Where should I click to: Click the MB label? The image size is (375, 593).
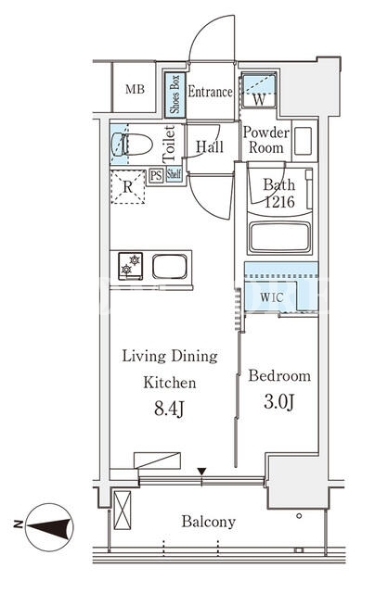pyautogui.click(x=135, y=90)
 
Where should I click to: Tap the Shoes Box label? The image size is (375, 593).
pyautogui.click(x=175, y=95)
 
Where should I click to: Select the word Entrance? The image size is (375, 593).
pyautogui.click(x=210, y=92)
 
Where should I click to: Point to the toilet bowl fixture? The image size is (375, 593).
pyautogui.click(x=132, y=145)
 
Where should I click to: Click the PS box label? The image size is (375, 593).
pyautogui.click(x=156, y=175)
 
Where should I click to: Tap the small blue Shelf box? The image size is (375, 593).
pyautogui.click(x=174, y=175)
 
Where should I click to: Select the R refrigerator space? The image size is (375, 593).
pyautogui.click(x=128, y=187)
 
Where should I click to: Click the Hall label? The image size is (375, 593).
pyautogui.click(x=210, y=146)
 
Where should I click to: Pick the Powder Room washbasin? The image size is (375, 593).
pyautogui.click(x=304, y=141)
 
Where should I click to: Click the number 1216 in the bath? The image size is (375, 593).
pyautogui.click(x=279, y=202)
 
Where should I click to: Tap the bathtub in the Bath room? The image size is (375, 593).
pyautogui.click(x=280, y=237)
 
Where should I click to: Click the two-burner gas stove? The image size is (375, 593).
pyautogui.click(x=130, y=266)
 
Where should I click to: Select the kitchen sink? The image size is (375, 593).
pyautogui.click(x=170, y=266)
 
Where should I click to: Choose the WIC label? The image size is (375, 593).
pyautogui.click(x=272, y=297)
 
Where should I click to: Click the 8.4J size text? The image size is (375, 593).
pyautogui.click(x=169, y=409)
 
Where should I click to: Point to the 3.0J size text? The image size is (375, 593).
pyautogui.click(x=279, y=402)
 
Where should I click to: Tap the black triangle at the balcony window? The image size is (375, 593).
pyautogui.click(x=202, y=472)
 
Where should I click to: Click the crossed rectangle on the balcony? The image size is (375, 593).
pyautogui.click(x=123, y=511)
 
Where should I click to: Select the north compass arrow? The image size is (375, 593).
pyautogui.click(x=49, y=527)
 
